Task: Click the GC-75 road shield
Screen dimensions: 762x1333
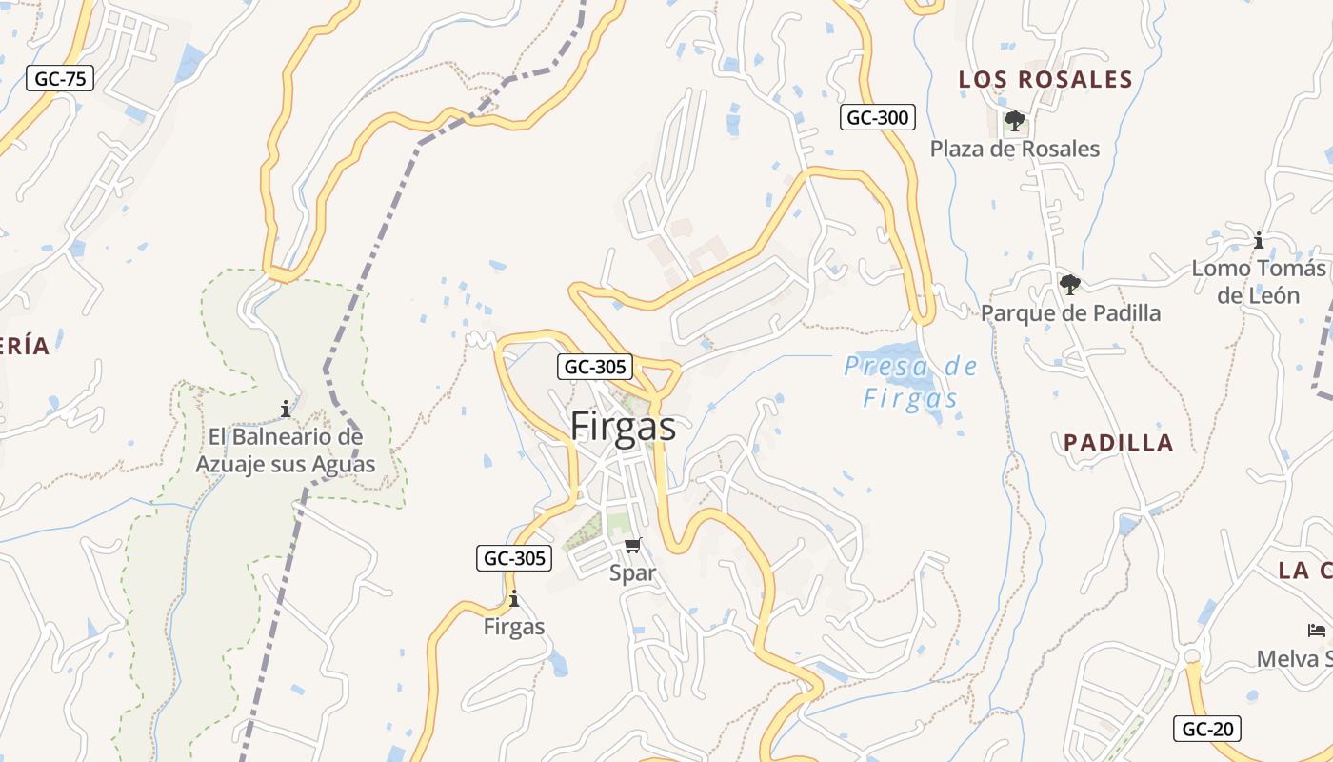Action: pyautogui.click(x=60, y=78)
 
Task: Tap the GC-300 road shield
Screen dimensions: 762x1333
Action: pyautogui.click(x=877, y=117)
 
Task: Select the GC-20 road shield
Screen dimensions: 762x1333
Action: pyautogui.click(x=1207, y=729)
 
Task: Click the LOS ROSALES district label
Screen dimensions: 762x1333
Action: pyautogui.click(x=1045, y=79)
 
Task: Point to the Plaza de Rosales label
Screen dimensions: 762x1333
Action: pyautogui.click(x=1014, y=149)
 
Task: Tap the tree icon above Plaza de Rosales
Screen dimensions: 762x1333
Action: pyautogui.click(x=1014, y=121)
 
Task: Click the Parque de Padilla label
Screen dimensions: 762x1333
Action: pyautogui.click(x=1070, y=312)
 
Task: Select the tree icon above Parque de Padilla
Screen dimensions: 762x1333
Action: pyautogui.click(x=1070, y=284)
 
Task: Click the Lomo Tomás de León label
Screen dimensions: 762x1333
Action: pyautogui.click(x=1258, y=282)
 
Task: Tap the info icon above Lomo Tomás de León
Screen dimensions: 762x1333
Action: pyautogui.click(x=1258, y=240)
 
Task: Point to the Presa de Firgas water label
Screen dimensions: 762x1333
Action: pyautogui.click(x=910, y=382)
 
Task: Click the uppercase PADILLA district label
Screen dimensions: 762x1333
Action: pyautogui.click(x=1118, y=442)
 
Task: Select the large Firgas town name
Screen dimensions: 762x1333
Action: pyautogui.click(x=623, y=427)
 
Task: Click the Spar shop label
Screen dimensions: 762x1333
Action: pyautogui.click(x=633, y=572)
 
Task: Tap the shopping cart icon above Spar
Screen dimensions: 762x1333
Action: pyautogui.click(x=633, y=545)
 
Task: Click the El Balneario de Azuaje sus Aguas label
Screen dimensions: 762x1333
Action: pyautogui.click(x=285, y=451)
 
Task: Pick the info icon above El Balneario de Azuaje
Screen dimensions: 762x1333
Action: pyautogui.click(x=285, y=410)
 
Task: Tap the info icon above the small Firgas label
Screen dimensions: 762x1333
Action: pyautogui.click(x=514, y=599)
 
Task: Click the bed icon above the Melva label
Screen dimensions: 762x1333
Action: pyautogui.click(x=1317, y=631)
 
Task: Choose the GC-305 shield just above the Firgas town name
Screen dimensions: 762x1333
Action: pyautogui.click(x=594, y=367)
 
